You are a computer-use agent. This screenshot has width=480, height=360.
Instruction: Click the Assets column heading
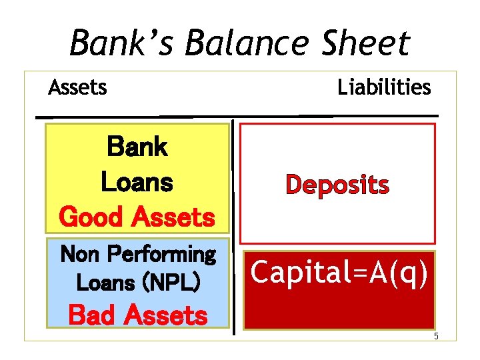pyautogui.click(x=77, y=87)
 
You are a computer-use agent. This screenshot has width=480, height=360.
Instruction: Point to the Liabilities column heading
pyautogui.click(x=384, y=87)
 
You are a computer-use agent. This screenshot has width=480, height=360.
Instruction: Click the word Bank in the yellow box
pyautogui.click(x=137, y=147)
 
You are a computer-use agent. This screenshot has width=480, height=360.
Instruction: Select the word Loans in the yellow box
pyautogui.click(x=137, y=181)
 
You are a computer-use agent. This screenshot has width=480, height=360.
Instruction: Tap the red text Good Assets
pyautogui.click(x=137, y=217)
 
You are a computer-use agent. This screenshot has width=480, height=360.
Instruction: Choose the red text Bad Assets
pyautogui.click(x=138, y=315)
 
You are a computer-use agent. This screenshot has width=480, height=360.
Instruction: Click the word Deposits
pyautogui.click(x=337, y=185)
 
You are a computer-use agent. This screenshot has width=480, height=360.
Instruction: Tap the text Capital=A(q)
pyautogui.click(x=339, y=273)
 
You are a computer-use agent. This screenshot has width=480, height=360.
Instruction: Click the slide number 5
pyautogui.click(x=436, y=336)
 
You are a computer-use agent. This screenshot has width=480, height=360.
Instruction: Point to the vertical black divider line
pyautogui.click(x=233, y=227)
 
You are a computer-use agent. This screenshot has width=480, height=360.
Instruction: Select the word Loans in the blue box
pyautogui.click(x=105, y=283)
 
